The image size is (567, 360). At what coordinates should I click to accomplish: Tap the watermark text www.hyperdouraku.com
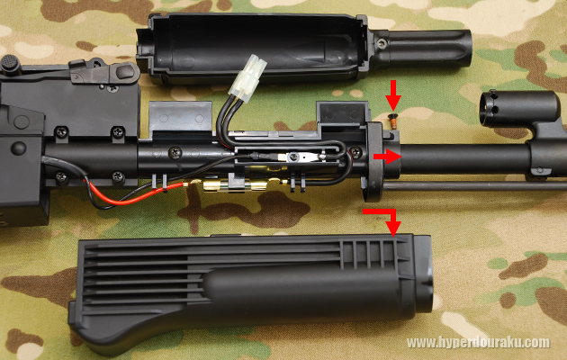tap(477, 342)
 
